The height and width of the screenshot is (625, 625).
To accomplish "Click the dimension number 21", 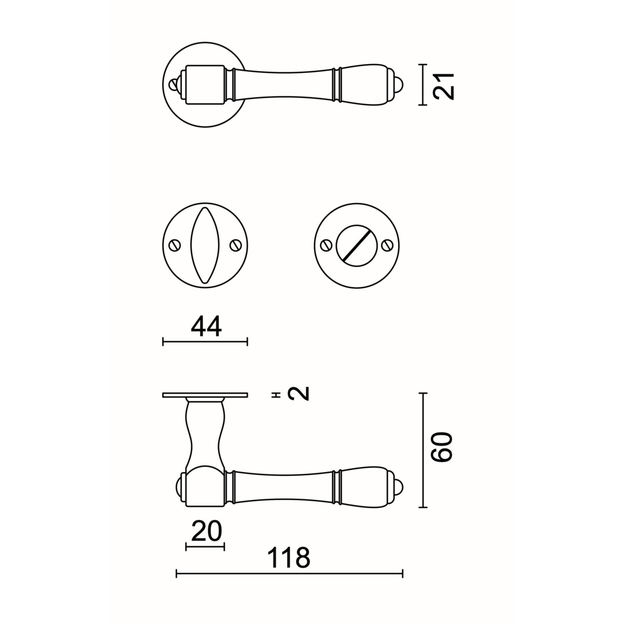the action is (444, 86).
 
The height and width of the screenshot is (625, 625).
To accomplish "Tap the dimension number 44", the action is (206, 327).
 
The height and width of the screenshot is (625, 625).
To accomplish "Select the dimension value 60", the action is (443, 447).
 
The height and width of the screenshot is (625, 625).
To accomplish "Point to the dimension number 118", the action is (288, 558).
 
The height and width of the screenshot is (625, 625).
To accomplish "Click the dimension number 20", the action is (206, 531).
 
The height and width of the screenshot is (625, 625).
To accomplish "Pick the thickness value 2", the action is (299, 393).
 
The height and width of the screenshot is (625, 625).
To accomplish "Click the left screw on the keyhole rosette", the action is (175, 245).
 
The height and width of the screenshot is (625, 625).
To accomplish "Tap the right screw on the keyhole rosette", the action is (236, 245).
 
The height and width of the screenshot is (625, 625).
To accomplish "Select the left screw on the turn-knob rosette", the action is (326, 245).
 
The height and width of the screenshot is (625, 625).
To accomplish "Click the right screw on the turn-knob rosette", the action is (387, 245).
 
